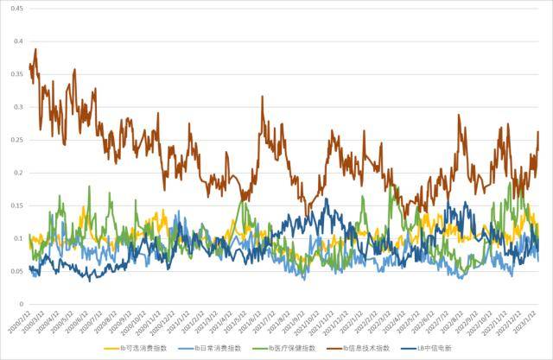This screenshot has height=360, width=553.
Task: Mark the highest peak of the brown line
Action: [35, 50]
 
